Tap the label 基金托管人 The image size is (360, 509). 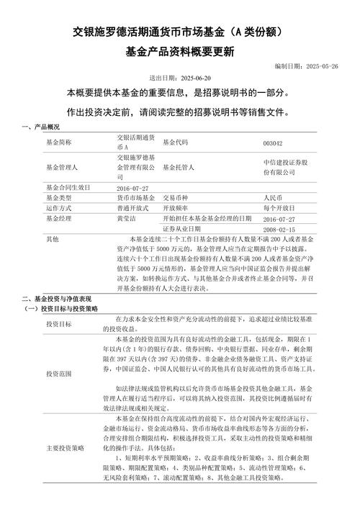pos(181,167)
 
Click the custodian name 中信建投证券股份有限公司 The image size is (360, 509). pos(285,167)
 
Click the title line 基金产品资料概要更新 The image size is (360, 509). pos(179,52)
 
